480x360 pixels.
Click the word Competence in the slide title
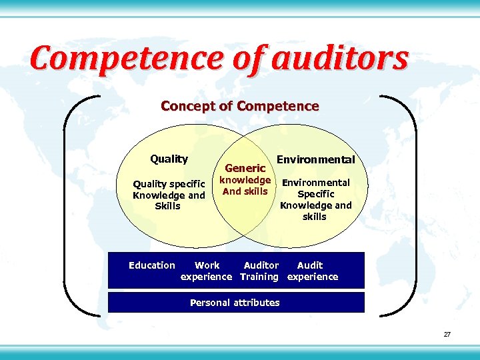[x=126, y=59]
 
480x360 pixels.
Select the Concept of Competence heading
[x=240, y=106]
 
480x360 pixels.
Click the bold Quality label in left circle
[x=169, y=159]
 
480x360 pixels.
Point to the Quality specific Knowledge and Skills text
[x=169, y=195]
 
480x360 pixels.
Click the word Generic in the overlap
[x=245, y=168]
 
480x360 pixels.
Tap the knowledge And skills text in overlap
[x=245, y=185]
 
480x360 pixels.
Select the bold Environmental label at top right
[x=315, y=159]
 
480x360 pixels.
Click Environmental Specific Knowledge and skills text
[x=315, y=199]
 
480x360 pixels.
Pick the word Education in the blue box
[x=152, y=265]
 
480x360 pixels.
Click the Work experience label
[x=207, y=271]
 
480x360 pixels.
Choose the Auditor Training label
[x=259, y=271]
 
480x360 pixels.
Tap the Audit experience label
[x=313, y=271]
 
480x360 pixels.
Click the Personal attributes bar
[x=236, y=303]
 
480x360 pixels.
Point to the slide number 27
[x=447, y=334]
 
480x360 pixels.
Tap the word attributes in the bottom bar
[x=257, y=303]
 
